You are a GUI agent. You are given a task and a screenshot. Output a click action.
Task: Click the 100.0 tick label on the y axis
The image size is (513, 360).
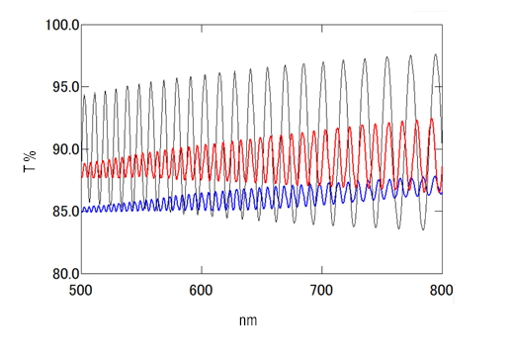click(x=60, y=24)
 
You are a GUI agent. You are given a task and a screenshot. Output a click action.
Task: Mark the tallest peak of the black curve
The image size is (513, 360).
click(x=434, y=54)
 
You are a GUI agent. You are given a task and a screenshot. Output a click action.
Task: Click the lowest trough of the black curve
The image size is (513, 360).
click(x=422, y=229)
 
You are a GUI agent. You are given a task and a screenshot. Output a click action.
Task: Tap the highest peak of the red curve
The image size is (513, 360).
click(x=431, y=119)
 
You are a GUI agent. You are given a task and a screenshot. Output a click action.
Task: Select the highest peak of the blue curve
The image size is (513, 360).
click(x=434, y=176)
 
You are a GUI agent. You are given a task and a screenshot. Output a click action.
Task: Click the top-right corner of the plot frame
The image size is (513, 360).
click(x=442, y=24)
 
